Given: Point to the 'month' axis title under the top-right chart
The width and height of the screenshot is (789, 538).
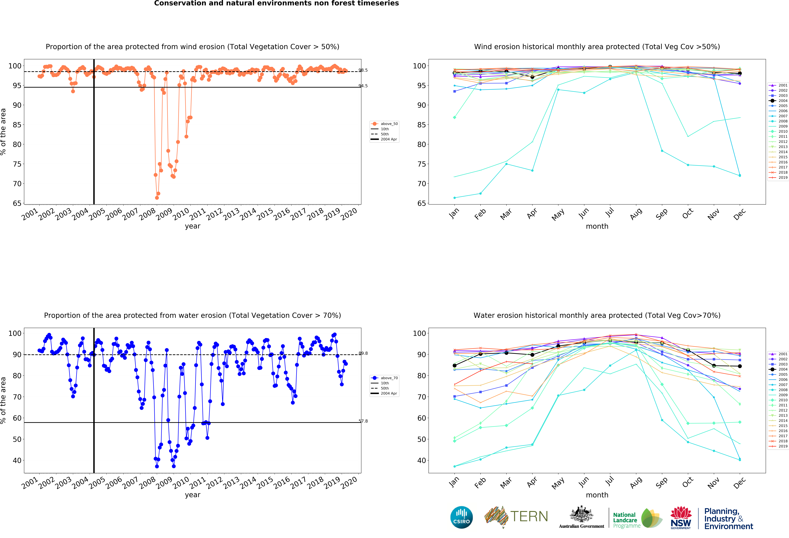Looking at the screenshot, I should pyautogui.click(x=597, y=226).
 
